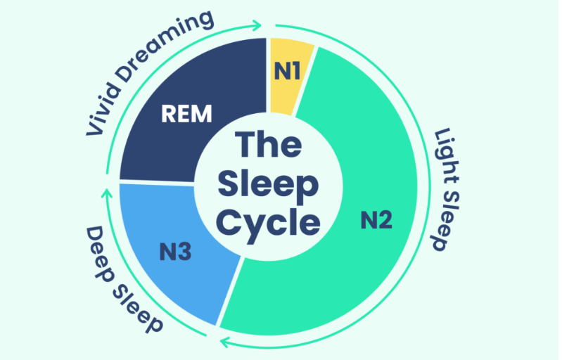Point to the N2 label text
376,221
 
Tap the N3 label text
176,250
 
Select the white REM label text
186,114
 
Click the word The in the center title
269,146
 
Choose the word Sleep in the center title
268,184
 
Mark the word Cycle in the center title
268,222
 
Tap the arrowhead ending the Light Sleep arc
224,342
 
